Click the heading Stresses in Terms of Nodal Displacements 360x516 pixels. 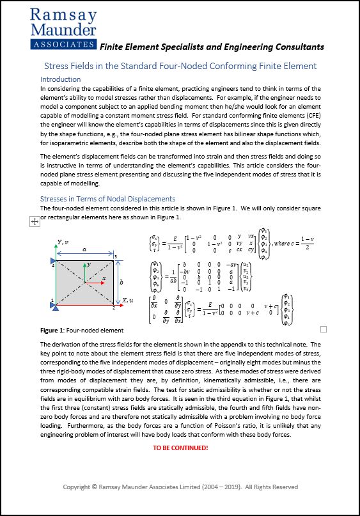coord(107,199)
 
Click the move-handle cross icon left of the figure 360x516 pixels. coord(35,221)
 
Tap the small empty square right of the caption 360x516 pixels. coord(323,329)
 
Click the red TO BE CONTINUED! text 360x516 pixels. coord(180,447)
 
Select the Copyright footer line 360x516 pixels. coord(180,487)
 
